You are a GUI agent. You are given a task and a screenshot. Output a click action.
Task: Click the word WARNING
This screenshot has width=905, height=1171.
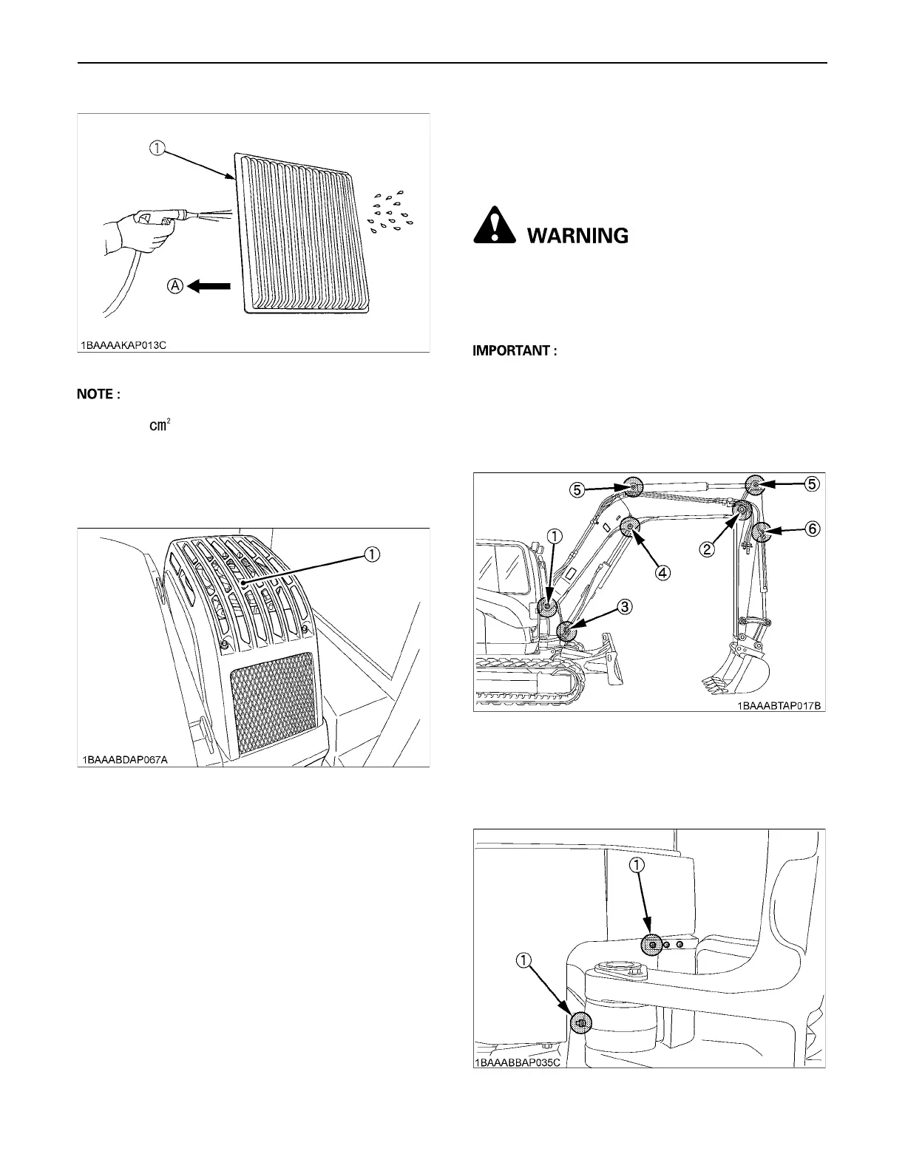pos(577,236)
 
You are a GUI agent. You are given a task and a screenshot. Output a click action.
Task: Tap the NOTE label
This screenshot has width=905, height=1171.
pos(98,395)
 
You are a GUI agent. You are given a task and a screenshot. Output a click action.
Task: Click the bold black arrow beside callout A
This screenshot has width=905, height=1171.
pos(211,286)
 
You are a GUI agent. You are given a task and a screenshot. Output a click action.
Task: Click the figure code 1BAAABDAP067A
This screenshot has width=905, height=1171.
pos(126,759)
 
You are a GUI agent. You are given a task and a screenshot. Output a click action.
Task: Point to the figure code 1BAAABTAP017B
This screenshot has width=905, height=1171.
pos(778,705)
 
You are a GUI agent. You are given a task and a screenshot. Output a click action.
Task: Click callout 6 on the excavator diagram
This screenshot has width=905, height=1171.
pos(812,529)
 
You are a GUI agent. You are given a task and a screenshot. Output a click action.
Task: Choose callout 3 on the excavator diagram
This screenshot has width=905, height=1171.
pos(625,606)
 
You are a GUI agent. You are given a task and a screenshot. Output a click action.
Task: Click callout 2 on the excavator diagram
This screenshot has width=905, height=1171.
pos(708,549)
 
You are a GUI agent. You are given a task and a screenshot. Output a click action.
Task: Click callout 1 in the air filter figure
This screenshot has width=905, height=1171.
pos(157,148)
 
